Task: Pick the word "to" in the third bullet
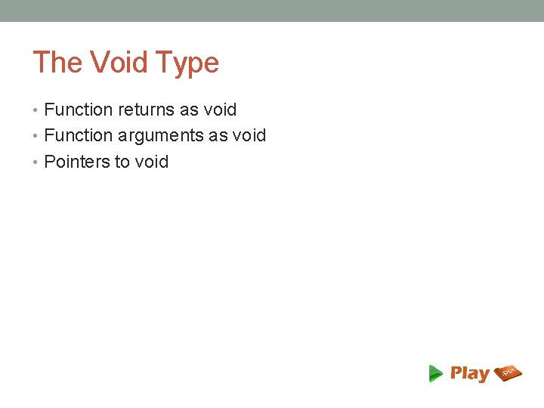(x=122, y=162)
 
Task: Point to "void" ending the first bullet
(x=220, y=110)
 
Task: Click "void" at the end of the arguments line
(x=249, y=136)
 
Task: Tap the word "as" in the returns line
(x=189, y=110)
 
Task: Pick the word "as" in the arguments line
(x=218, y=136)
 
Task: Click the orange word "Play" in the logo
(x=470, y=373)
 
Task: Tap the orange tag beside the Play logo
(x=508, y=372)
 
